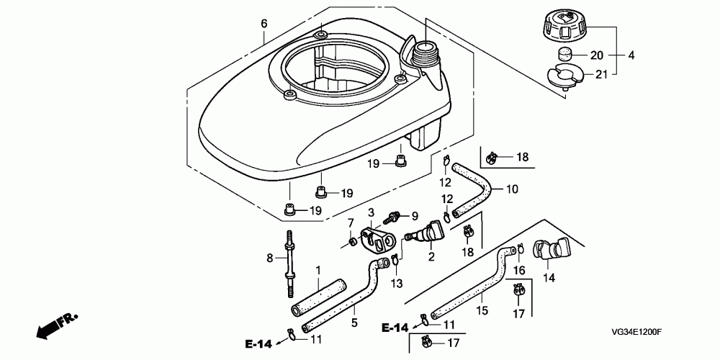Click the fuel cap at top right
pyautogui.click(x=565, y=27)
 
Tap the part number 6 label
pyautogui.click(x=264, y=24)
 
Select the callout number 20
pyautogui.click(x=597, y=55)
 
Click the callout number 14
pyautogui.click(x=548, y=277)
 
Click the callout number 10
pyautogui.click(x=512, y=190)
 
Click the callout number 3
pyautogui.click(x=372, y=212)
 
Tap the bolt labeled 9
pyautogui.click(x=395, y=215)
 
